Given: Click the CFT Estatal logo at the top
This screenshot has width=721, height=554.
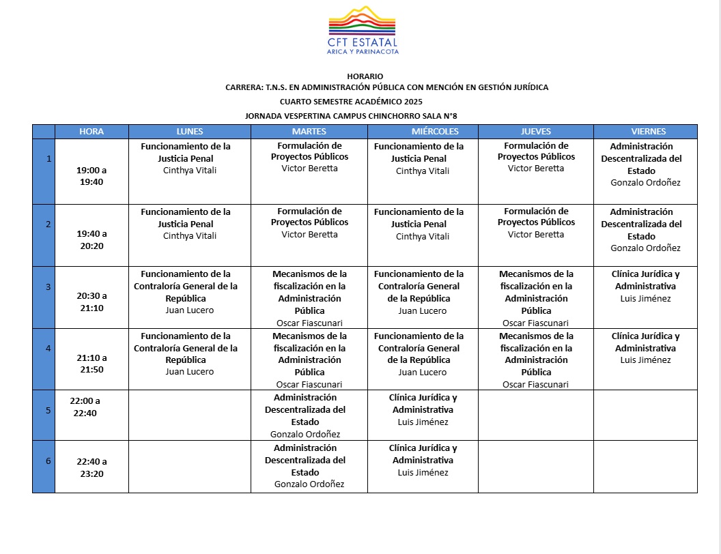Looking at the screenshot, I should point(364,31).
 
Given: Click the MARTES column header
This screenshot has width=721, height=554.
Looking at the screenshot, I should point(309,131).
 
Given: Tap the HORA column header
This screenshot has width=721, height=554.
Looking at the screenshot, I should point(91,131).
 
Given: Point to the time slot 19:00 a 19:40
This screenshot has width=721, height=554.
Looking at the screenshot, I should point(91,176).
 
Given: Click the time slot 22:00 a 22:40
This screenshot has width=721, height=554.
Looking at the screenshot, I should point(85,407).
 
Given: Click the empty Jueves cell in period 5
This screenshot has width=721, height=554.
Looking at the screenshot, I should point(535,415).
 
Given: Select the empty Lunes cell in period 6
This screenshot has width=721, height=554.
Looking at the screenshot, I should point(190,467).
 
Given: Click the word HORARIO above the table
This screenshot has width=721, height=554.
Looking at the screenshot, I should point(365,76).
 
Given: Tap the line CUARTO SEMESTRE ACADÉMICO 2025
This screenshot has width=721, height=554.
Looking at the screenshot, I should point(365,101).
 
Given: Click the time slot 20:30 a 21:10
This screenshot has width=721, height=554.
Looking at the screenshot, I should point(91,302).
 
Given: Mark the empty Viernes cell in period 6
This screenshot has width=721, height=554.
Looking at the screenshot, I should point(645,467).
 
